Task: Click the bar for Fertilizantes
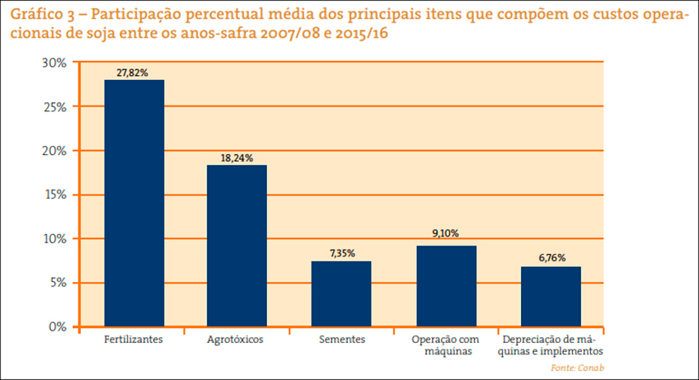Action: pyautogui.click(x=134, y=203)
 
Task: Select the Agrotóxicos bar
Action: pyautogui.click(x=237, y=246)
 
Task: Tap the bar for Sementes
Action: pyautogui.click(x=341, y=293)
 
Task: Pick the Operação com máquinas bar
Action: pyautogui.click(x=446, y=286)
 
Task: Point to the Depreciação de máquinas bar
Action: pyautogui.click(x=551, y=296)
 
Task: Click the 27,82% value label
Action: pyautogui.click(x=133, y=73)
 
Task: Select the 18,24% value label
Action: pyautogui.click(x=237, y=158)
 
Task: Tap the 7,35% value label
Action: pyautogui.click(x=341, y=254)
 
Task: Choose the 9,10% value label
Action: pyautogui.click(x=446, y=234)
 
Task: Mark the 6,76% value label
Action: pyautogui.click(x=551, y=259)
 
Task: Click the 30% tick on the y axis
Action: pyautogui.click(x=54, y=63)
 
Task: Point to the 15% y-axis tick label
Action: pyautogui.click(x=54, y=195)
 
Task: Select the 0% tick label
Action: pyautogui.click(x=57, y=327)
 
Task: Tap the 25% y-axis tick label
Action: pyautogui.click(x=54, y=107)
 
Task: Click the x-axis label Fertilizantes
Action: pyautogui.click(x=134, y=340)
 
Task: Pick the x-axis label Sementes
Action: pyautogui.click(x=341, y=340)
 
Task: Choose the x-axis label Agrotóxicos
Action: pyautogui.click(x=237, y=340)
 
